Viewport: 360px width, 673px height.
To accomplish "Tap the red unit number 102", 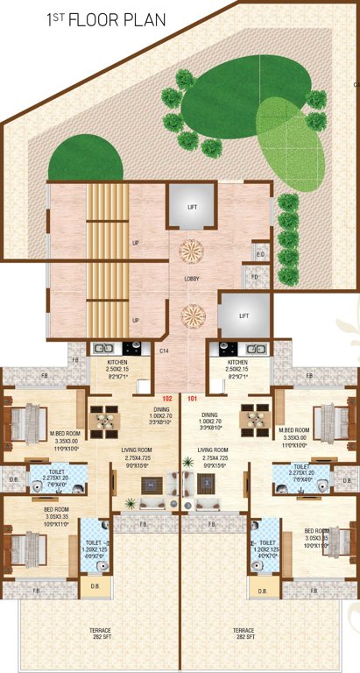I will point(167,398).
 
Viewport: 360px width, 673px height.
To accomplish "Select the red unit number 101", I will point(193,398).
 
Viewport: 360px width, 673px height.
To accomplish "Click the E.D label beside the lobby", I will point(260,254).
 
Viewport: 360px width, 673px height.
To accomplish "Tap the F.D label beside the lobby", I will point(254,278).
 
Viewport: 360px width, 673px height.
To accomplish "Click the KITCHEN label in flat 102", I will point(118,362).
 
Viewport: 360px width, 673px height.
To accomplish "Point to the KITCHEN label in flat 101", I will point(237,362).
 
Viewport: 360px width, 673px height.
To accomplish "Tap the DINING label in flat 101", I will point(209,415).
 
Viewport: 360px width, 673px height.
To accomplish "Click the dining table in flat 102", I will point(107,420).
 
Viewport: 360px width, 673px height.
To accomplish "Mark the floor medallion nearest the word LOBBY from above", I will point(191,251).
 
